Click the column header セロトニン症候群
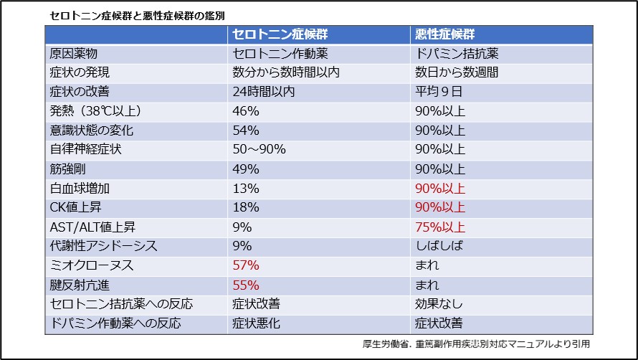coord(283,34)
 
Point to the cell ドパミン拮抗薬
coord(457,54)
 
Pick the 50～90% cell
coord(260,150)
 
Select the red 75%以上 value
coord(440,227)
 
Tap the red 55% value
coord(246,285)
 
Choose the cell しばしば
coord(439,247)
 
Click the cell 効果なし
coord(439,304)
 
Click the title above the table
coord(141,14)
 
